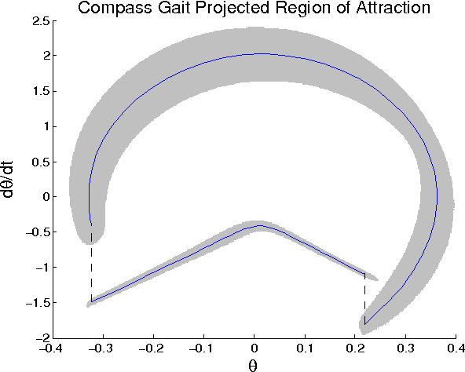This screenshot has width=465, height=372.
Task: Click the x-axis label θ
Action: pyautogui.click(x=253, y=364)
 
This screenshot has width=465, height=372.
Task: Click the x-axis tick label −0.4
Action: pyautogui.click(x=49, y=348)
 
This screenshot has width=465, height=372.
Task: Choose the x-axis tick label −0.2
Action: pyautogui.click(x=151, y=348)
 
